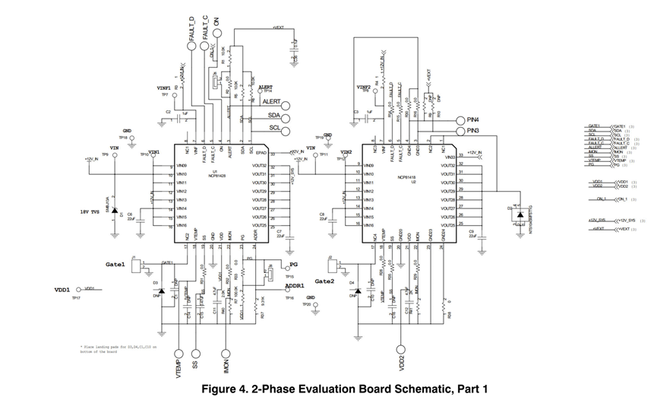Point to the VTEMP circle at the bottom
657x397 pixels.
pos(180,353)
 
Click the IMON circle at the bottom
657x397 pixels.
pos(226,353)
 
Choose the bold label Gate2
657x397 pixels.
pos(325,281)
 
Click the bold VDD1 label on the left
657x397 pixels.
pos(62,290)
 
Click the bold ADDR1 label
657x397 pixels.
pos(295,287)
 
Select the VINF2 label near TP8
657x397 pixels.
pos(364,87)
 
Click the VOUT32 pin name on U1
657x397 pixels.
pos(258,166)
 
